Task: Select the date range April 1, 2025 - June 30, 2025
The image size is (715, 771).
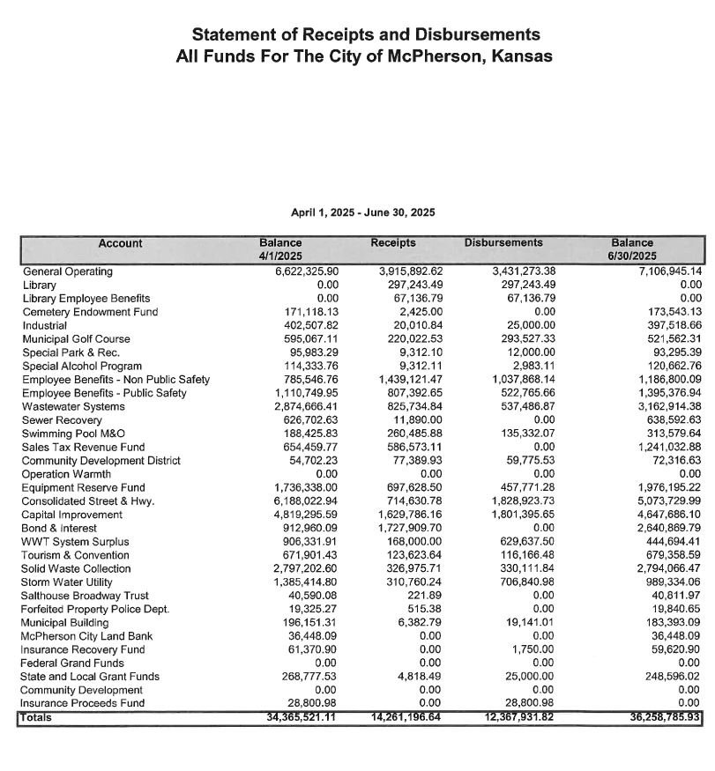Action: [x=362, y=212]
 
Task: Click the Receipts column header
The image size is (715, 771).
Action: [x=393, y=243]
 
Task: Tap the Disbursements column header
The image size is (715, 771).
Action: [x=503, y=243]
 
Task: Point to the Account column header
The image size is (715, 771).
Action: [x=120, y=244]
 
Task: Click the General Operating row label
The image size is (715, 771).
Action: [x=68, y=272]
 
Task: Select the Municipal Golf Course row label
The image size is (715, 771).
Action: [x=76, y=339]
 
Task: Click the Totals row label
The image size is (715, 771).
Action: [x=36, y=718]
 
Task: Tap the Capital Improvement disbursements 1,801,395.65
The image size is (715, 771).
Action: [x=517, y=515]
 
